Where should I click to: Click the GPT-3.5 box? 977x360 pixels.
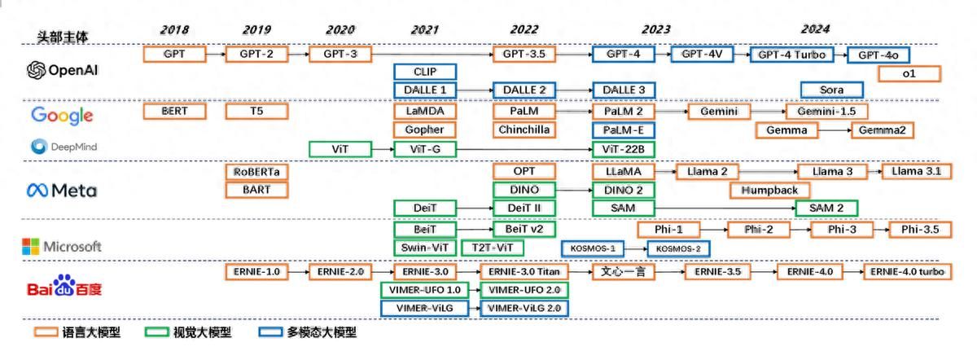click(524, 55)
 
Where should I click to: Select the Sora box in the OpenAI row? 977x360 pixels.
click(831, 90)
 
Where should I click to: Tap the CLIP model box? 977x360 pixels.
click(425, 72)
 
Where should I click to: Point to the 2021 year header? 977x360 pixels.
click(424, 29)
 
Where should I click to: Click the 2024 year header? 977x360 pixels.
click(814, 29)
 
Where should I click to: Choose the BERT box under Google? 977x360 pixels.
click(174, 111)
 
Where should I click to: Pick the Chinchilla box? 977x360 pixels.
click(524, 130)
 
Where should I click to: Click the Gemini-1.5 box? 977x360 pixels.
click(826, 111)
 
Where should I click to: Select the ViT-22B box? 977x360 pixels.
click(624, 149)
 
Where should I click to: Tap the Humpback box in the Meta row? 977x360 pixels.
click(769, 191)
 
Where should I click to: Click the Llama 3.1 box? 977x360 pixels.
click(916, 172)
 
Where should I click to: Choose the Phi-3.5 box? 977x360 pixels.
click(919, 230)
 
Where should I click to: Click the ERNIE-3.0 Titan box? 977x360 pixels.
click(524, 271)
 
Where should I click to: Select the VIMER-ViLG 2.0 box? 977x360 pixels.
click(524, 309)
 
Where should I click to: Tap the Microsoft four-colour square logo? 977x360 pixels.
click(30, 247)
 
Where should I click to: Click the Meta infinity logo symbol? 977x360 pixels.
click(37, 191)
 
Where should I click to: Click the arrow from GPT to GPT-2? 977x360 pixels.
click(214, 55)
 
